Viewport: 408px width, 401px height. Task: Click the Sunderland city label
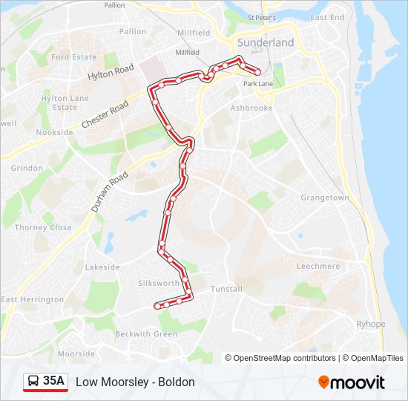pos(266,42)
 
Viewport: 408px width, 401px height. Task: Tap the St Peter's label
pos(261,17)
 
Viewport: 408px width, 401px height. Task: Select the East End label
pos(327,17)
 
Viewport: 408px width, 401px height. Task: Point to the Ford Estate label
pos(74,57)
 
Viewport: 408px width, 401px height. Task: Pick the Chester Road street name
pos(105,114)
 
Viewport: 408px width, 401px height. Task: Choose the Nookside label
pos(55,132)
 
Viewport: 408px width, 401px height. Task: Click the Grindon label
pos(27,168)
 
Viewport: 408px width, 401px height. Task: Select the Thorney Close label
pos(43,228)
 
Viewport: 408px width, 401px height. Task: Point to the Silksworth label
pos(159,284)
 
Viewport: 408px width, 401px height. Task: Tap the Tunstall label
pos(226,289)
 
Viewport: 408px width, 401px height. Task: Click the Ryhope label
pos(371,324)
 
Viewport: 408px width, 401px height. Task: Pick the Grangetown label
pos(324,198)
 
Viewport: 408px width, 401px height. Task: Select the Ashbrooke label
pos(251,108)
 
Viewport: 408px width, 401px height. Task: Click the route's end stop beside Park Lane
pos(257,73)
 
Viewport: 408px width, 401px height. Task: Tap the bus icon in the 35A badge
pos(34,382)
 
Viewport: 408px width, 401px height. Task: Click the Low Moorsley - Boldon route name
pos(135,382)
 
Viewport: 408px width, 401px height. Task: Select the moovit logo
pos(352,382)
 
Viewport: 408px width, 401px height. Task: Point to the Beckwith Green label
pos(146,334)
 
